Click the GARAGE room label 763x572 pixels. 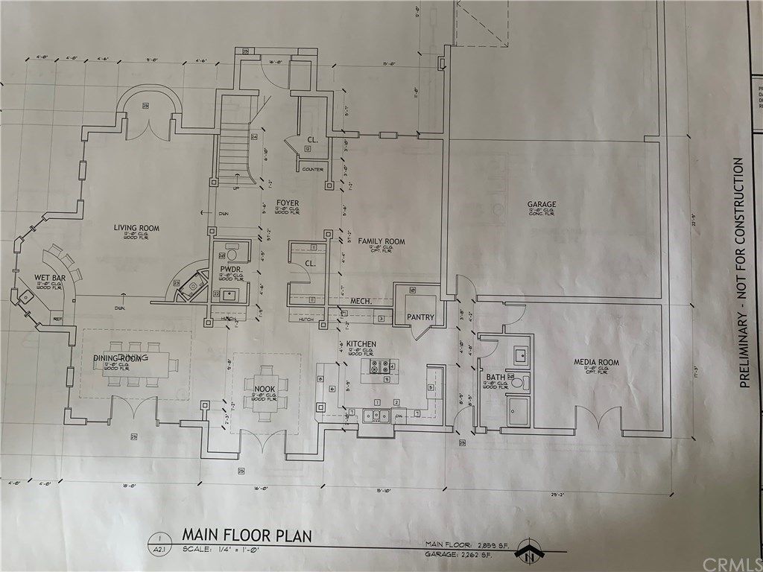[x=542, y=204]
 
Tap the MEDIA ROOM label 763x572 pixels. [x=596, y=363]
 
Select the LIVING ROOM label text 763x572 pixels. [x=136, y=228]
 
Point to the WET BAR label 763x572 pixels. [x=50, y=278]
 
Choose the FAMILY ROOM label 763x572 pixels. [x=381, y=241]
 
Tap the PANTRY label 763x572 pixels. [x=420, y=317]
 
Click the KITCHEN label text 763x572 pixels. [x=361, y=344]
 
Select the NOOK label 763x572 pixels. [x=265, y=389]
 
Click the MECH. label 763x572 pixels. [x=361, y=302]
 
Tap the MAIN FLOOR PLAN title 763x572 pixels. [x=247, y=536]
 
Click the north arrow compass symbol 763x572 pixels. [x=530, y=553]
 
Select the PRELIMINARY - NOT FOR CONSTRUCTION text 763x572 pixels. [x=738, y=272]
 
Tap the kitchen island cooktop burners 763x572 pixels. [x=380, y=366]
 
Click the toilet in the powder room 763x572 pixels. [x=231, y=248]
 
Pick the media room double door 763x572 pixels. [x=598, y=419]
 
